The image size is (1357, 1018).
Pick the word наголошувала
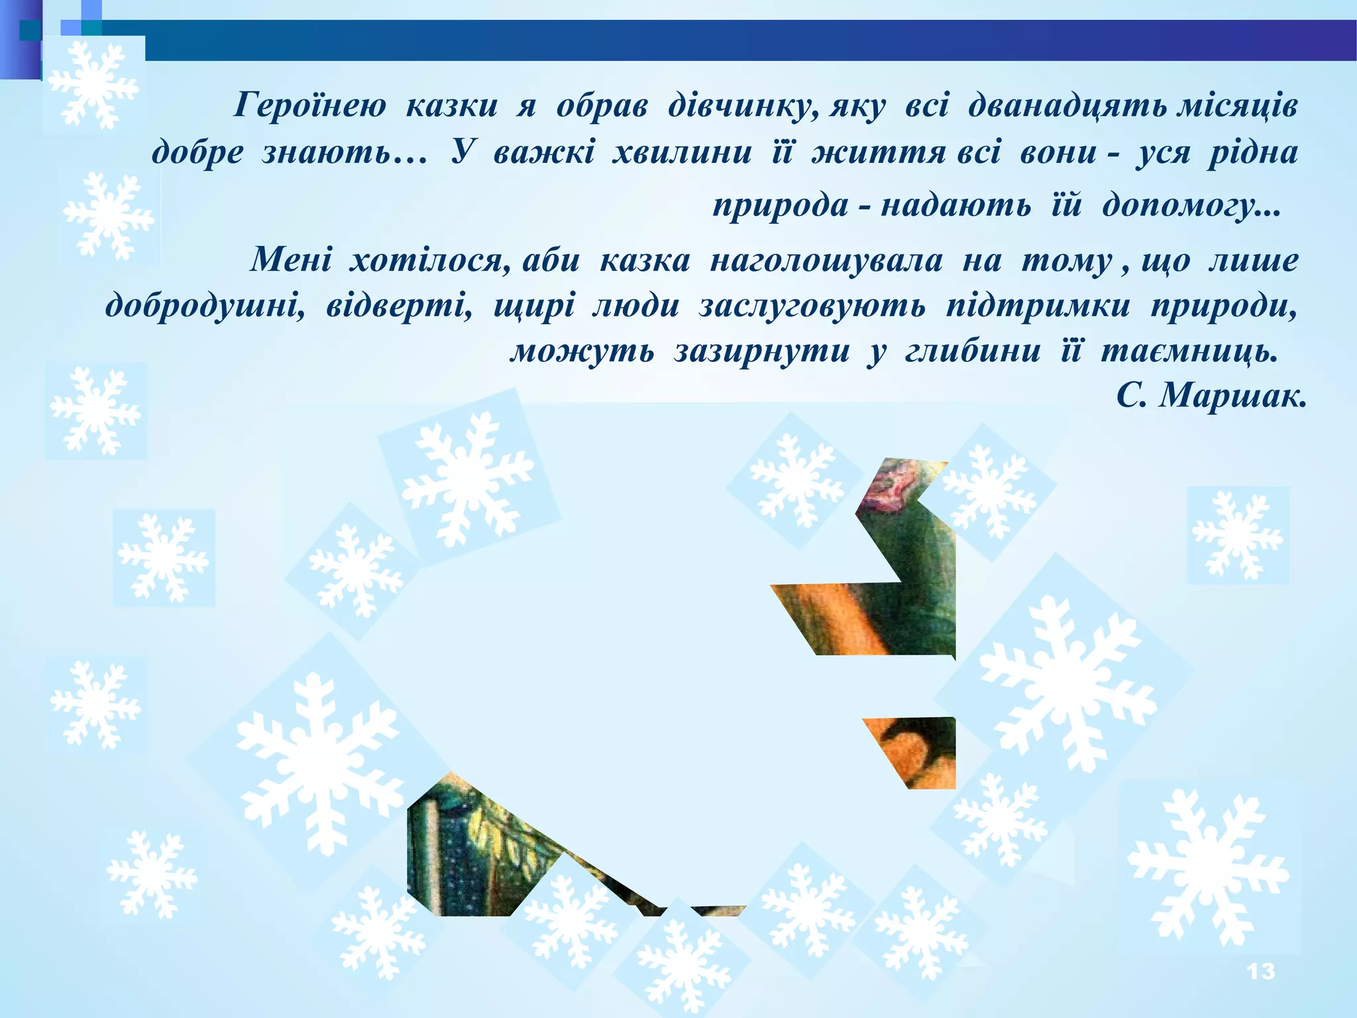[826, 260]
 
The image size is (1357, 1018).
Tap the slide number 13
[1260, 972]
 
